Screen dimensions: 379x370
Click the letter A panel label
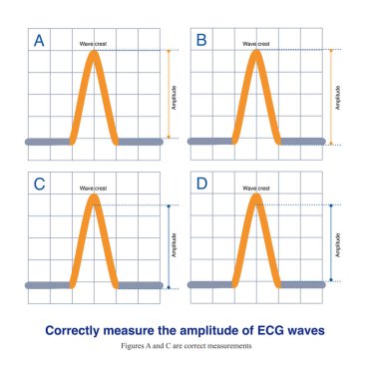pos(40,42)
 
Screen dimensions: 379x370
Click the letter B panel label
pos(201,42)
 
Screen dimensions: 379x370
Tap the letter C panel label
pos(39,186)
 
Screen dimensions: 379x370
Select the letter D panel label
pos(201,186)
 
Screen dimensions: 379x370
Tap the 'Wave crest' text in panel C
pos(95,188)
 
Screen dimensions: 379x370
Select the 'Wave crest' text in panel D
pos(256,188)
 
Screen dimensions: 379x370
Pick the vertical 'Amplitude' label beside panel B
pos(340,97)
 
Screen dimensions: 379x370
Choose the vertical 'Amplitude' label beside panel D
pos(340,243)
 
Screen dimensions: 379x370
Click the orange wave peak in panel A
pos(95,56)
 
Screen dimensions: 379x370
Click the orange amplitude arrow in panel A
pos(169,95)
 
